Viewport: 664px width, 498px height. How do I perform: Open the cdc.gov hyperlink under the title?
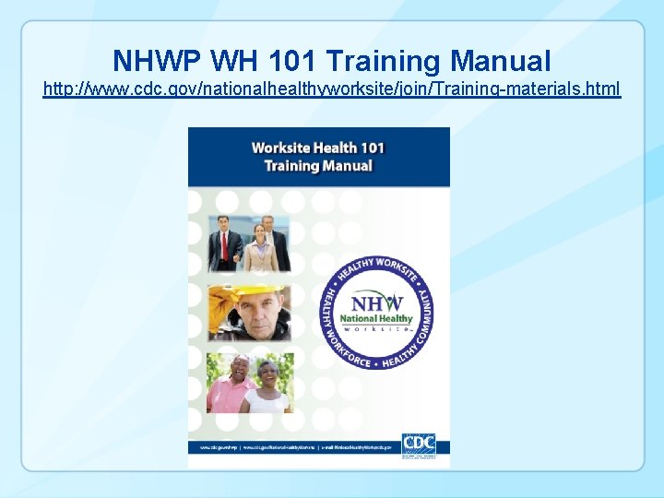click(332, 89)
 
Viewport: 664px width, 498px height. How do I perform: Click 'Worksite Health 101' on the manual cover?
click(317, 148)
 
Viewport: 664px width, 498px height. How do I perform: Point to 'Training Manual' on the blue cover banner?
click(317, 166)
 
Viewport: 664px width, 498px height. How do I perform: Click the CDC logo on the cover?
click(419, 443)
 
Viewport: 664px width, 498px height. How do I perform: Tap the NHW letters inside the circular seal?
click(377, 302)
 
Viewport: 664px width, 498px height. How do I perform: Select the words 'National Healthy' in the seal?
click(377, 319)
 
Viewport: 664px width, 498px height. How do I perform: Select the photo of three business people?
click(248, 243)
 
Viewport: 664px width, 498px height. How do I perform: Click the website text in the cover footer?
click(295, 447)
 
